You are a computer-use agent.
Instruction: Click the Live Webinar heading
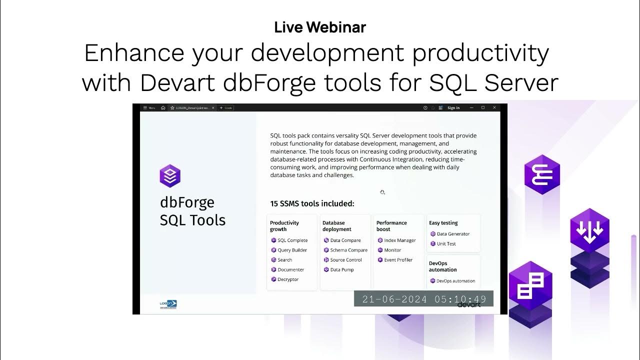tap(320, 27)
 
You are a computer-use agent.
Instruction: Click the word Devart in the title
tap(178, 83)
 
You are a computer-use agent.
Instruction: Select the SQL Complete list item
tap(292, 240)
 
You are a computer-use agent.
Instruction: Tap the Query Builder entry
tap(292, 250)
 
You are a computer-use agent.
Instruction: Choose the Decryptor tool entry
tap(288, 279)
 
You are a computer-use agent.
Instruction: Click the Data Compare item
tap(345, 240)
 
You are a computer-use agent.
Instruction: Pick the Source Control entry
tap(345, 260)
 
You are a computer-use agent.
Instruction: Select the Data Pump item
tap(341, 269)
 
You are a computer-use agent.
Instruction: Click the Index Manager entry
tap(399, 240)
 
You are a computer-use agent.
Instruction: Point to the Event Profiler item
tap(398, 260)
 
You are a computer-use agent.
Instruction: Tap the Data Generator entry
tap(453, 234)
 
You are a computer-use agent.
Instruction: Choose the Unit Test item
tap(446, 244)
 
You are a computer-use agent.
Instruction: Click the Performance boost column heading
tap(391, 226)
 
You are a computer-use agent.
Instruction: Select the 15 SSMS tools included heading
tap(312, 203)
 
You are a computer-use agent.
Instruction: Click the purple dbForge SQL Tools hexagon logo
tap(170, 176)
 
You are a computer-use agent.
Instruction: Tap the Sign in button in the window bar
tap(453, 108)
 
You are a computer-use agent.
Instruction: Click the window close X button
tap(494, 107)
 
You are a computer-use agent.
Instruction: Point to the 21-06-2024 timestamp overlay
tap(423, 299)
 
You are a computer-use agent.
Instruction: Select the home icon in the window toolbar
tap(163, 108)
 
